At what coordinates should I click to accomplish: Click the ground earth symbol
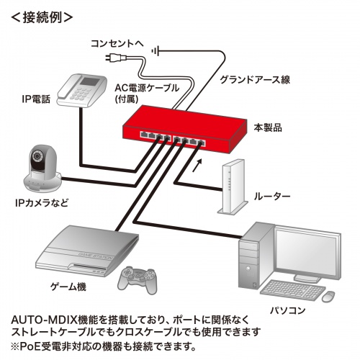157,49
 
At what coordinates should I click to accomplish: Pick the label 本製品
268,127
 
